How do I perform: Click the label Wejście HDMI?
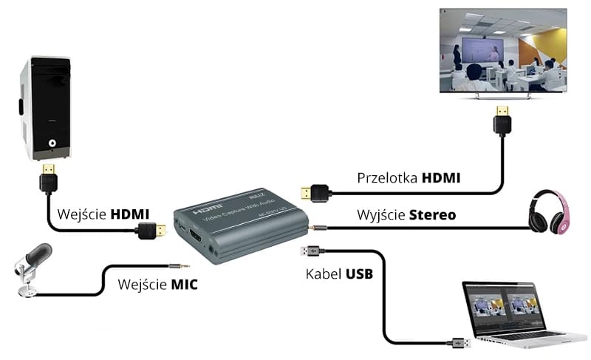[x=103, y=214]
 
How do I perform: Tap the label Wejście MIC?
[x=157, y=285]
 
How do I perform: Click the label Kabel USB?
[x=339, y=274]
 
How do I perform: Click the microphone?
[x=32, y=266]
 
